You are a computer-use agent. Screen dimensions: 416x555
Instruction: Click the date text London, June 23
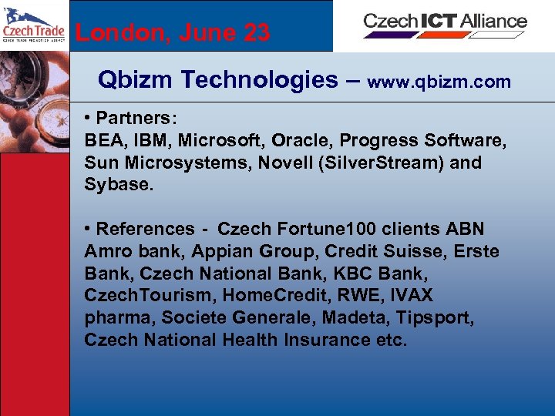[173, 33]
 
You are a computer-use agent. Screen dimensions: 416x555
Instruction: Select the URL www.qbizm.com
[439, 82]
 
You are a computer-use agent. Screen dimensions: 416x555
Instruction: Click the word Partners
[136, 119]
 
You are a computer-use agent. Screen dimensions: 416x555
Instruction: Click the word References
[146, 229]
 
